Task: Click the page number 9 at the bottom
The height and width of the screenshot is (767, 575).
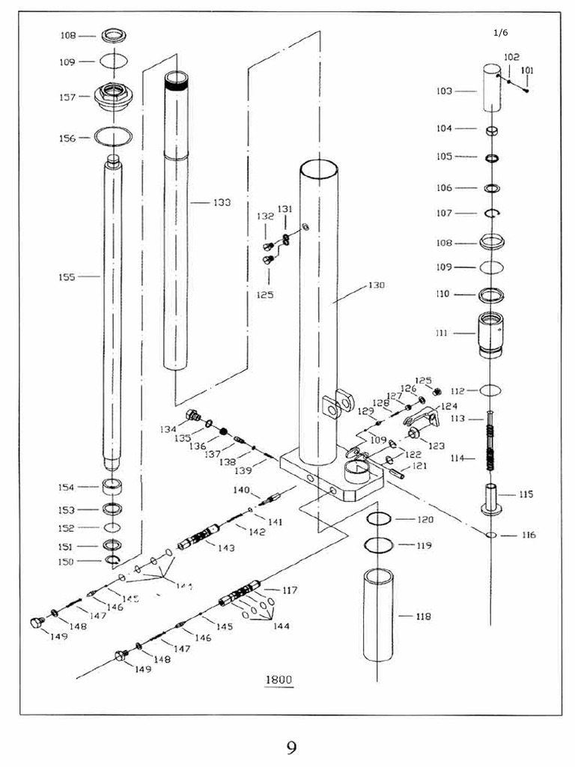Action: coord(291,747)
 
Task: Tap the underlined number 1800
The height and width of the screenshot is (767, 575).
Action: coord(278,680)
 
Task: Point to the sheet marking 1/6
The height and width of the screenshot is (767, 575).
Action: coord(501,32)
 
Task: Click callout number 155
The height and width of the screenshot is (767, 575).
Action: coord(67,276)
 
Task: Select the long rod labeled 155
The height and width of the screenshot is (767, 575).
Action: coord(112,315)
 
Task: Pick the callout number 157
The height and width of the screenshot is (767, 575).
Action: coord(69,97)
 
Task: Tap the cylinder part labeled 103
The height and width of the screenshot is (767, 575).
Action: coord(491,88)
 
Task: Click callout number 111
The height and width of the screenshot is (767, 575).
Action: coord(442,333)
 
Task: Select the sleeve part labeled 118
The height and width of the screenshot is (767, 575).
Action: coord(381,616)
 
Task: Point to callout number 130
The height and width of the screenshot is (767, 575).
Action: coord(376,286)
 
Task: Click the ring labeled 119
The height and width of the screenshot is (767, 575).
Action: coord(380,544)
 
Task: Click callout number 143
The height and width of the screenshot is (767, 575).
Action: coord(226,548)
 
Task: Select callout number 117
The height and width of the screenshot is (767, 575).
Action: coord(290,590)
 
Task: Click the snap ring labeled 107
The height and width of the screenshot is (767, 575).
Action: coord(492,213)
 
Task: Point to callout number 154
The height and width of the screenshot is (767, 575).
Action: coord(67,488)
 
